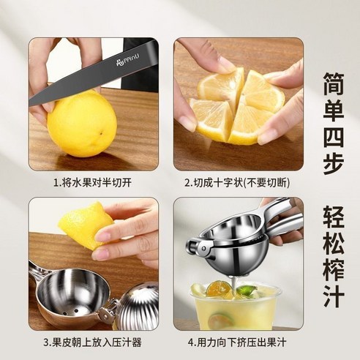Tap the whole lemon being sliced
click(86, 124)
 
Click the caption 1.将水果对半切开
click(93, 181)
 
